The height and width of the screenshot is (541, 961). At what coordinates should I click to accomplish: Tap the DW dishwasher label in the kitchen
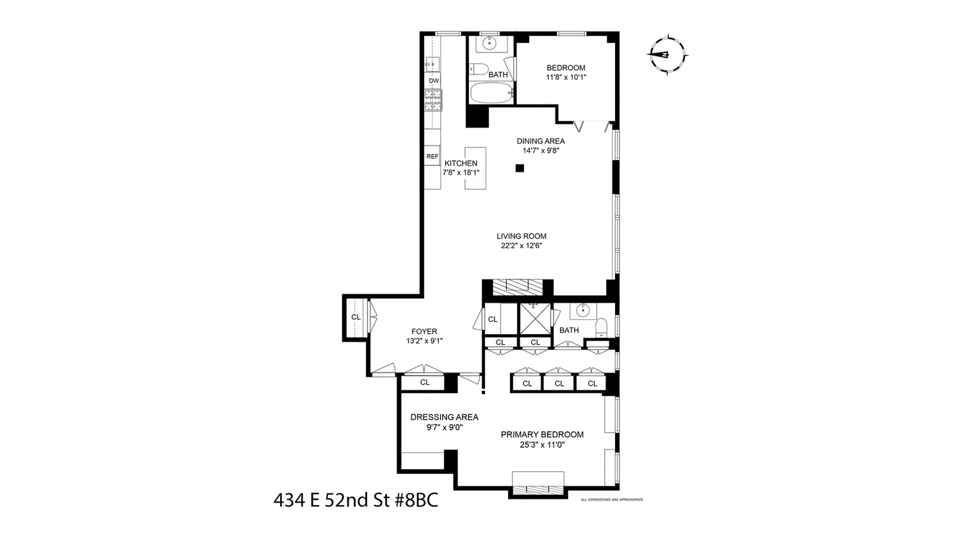[x=434, y=81]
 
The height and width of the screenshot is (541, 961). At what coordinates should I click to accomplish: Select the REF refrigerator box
[x=432, y=156]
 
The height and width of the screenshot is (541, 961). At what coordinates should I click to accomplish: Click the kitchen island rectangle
[x=475, y=168]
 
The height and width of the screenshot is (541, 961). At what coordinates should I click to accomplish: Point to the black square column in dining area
[x=520, y=168]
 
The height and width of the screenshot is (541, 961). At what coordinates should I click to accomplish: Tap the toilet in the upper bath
[x=479, y=69]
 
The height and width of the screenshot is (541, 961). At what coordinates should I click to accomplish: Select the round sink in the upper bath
[x=489, y=43]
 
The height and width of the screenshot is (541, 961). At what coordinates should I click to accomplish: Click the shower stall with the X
[x=535, y=319]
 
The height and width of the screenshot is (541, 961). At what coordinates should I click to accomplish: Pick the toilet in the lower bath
[x=602, y=327]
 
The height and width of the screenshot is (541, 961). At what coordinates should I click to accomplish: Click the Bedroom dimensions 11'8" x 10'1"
[x=566, y=78]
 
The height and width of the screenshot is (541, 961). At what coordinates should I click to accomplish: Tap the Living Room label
[x=522, y=236]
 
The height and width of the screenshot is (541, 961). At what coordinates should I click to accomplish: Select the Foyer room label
[x=424, y=331]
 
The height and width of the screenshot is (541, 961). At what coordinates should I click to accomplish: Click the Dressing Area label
[x=445, y=417]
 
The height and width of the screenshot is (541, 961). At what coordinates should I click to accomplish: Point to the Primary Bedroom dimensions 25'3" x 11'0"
[x=542, y=445]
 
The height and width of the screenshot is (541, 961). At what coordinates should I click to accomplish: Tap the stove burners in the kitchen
[x=433, y=101]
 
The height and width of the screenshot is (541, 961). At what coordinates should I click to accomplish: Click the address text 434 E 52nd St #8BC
[x=356, y=500]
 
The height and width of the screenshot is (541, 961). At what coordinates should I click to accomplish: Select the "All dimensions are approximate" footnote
[x=612, y=500]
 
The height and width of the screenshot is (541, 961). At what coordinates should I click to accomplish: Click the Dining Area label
[x=541, y=141]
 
